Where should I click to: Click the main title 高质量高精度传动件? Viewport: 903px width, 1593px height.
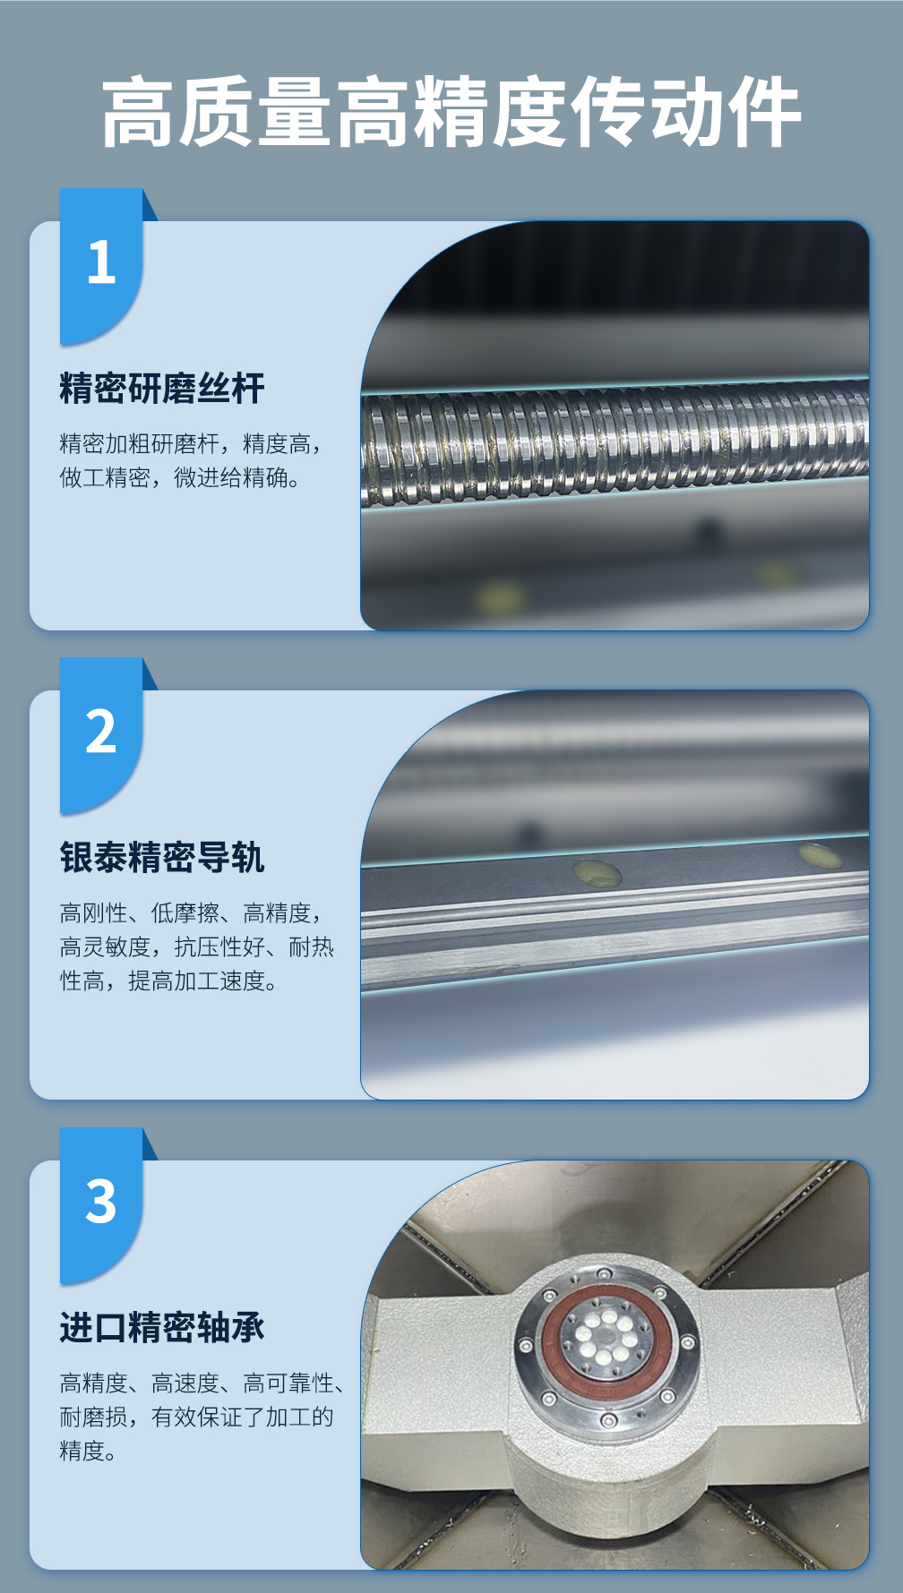(451, 112)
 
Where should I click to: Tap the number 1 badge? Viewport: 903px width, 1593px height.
(101, 266)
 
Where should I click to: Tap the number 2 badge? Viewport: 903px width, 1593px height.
(101, 735)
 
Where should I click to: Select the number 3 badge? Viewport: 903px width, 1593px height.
(101, 1204)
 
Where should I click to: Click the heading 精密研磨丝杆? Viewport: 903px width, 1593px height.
(162, 389)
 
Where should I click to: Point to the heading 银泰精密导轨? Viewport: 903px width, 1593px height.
(162, 858)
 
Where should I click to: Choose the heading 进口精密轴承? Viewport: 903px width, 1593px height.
(162, 1327)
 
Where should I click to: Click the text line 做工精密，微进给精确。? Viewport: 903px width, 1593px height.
(180, 478)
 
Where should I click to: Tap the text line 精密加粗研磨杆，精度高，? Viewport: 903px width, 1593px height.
(191, 444)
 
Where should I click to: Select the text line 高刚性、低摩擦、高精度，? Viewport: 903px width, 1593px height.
(191, 913)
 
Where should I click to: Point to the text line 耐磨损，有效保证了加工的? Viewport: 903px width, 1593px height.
(196, 1417)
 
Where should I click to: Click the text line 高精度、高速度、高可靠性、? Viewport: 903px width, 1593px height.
(202, 1383)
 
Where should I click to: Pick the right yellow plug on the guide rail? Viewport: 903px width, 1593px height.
(819, 856)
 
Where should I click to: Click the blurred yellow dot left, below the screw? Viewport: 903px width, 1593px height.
(499, 598)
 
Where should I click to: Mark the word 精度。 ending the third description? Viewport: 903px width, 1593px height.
(88, 1451)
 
